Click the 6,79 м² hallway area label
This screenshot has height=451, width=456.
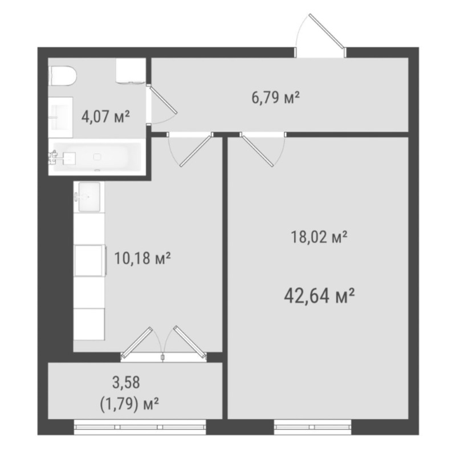[x=275, y=97]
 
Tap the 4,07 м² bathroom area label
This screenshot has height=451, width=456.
[x=105, y=117]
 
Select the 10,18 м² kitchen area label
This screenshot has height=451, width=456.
[x=142, y=258]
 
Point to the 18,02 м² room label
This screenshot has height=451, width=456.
[x=319, y=237]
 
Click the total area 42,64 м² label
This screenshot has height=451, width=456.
[x=319, y=295]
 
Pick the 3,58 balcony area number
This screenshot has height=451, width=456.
[x=126, y=383]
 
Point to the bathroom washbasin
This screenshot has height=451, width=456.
[x=60, y=117]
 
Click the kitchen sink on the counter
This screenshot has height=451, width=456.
[x=89, y=197]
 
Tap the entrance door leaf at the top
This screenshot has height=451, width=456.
[x=327, y=31]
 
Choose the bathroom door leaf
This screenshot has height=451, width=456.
[x=163, y=99]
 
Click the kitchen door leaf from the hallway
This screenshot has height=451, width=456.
[x=196, y=151]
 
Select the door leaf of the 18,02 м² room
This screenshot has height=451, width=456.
[x=258, y=151]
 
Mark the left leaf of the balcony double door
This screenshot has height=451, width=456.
[x=137, y=342]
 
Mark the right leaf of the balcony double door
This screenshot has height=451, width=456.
[x=190, y=342]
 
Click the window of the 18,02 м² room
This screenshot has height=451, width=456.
[x=312, y=427]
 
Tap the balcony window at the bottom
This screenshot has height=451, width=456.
[x=140, y=427]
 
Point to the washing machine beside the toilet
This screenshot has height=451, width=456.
[x=131, y=71]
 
